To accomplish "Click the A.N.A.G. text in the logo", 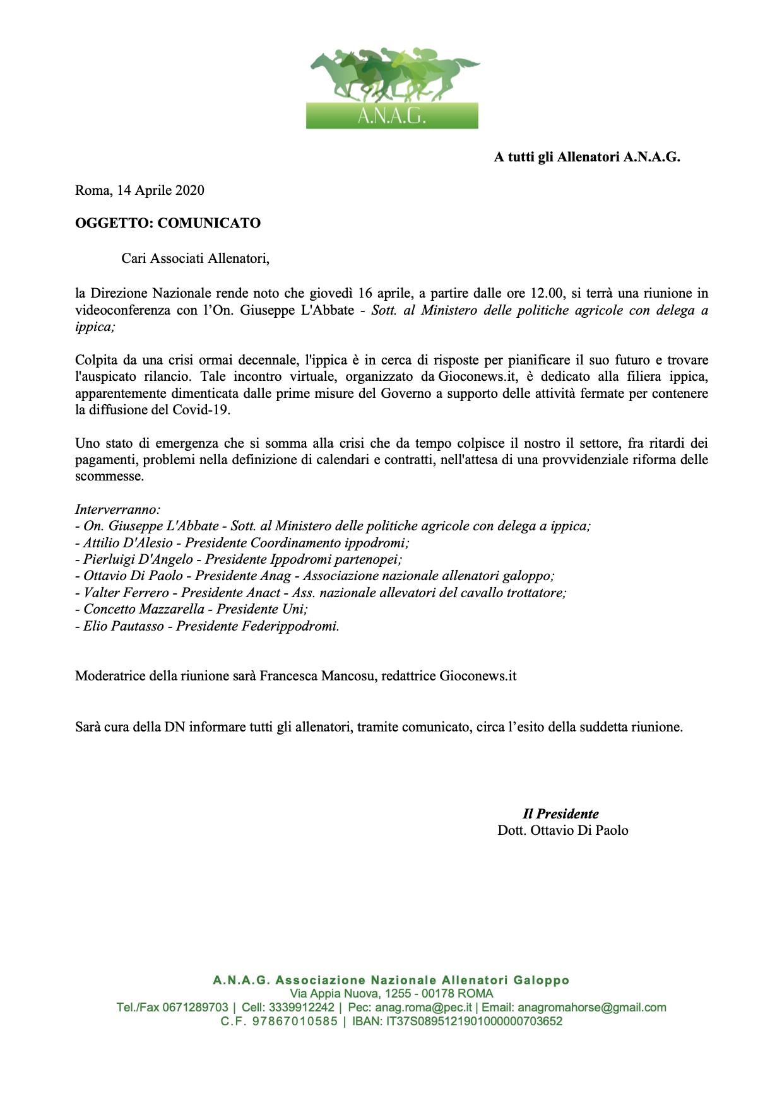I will (x=392, y=116).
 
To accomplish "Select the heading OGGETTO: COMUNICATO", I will (x=167, y=223).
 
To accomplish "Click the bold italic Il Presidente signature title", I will (x=560, y=813).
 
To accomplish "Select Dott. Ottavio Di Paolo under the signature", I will (x=562, y=830).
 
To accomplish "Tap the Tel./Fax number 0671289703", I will (x=195, y=1008).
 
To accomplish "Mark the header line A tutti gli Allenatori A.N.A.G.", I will (x=586, y=157).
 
